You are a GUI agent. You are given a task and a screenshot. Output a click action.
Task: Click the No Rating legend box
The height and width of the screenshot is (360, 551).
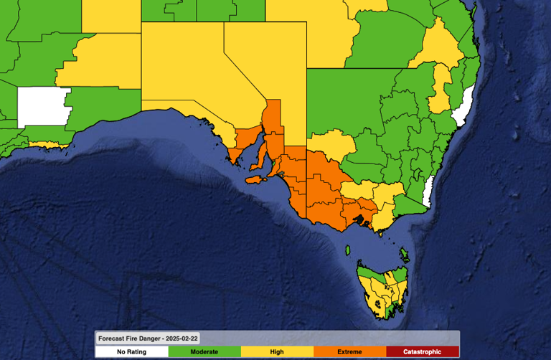click(132, 351)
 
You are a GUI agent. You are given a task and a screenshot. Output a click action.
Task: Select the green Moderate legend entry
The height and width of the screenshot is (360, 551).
click(204, 351)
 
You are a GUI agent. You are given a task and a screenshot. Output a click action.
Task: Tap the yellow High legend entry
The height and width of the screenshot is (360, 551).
click(277, 351)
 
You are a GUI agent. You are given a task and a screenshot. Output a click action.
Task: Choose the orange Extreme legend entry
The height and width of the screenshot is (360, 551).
click(349, 351)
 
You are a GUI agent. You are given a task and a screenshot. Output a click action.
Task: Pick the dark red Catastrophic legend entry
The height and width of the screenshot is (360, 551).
click(422, 351)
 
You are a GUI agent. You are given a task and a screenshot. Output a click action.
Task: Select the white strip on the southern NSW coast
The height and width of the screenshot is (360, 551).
click(428, 190)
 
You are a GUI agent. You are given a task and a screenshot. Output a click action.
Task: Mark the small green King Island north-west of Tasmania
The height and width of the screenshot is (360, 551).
click(348, 250)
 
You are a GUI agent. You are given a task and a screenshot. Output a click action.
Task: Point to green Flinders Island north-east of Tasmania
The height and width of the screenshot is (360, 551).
click(404, 255)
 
